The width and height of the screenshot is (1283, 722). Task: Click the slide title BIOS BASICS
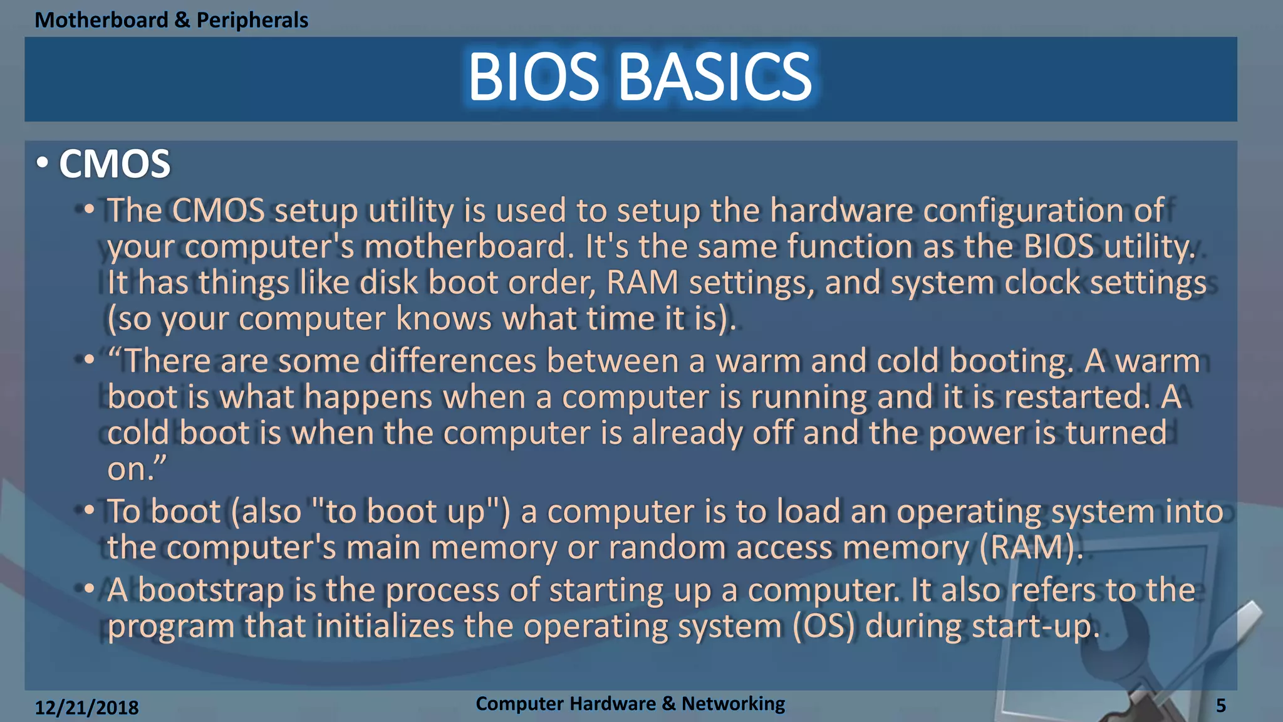[640, 76]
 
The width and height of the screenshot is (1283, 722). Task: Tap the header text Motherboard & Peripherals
[171, 20]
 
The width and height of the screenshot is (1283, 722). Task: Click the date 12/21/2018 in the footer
[86, 708]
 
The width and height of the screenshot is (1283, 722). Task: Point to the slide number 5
[1220, 706]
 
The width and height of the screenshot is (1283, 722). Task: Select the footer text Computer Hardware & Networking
[630, 703]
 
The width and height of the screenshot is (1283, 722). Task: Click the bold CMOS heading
[115, 164]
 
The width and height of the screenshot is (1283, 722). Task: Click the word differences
[452, 362]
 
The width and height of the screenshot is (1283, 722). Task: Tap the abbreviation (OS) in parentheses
[824, 626]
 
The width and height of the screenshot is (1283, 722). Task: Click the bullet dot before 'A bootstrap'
[89, 589]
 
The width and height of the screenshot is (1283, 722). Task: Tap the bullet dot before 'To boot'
[89, 510]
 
